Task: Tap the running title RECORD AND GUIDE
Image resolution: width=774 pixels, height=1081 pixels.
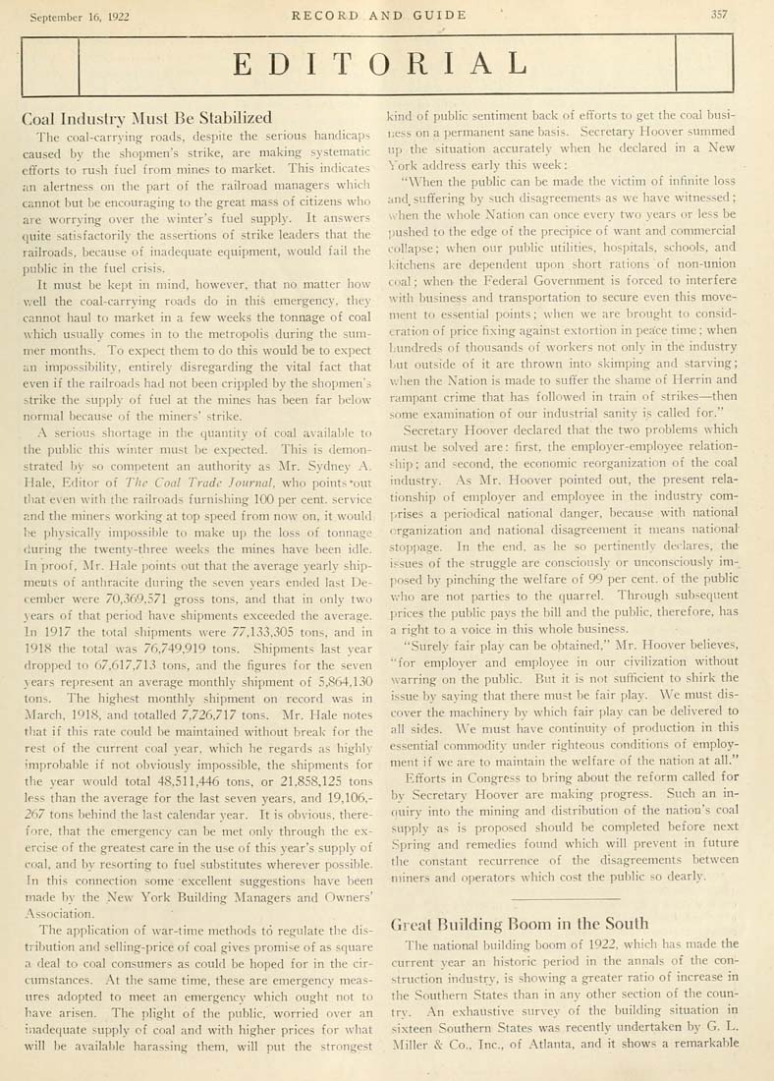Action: (386, 15)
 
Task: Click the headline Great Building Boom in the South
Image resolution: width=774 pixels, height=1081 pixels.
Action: (519, 924)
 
